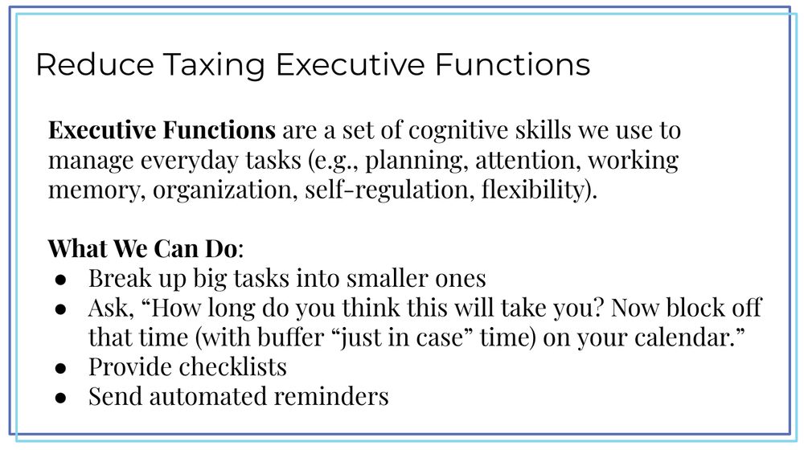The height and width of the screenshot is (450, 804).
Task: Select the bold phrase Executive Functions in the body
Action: coord(162,130)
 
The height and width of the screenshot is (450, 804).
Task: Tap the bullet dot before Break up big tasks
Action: coord(60,279)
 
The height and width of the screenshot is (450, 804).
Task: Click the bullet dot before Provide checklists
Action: coord(60,367)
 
